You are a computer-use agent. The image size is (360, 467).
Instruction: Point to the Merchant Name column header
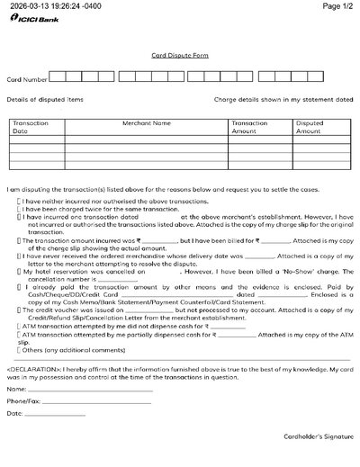(x=147, y=122)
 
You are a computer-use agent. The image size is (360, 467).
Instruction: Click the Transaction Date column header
(x=31, y=127)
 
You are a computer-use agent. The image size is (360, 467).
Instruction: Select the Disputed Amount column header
(x=309, y=127)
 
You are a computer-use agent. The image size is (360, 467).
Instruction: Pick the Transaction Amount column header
(x=249, y=127)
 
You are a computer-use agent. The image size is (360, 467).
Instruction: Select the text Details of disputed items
(x=45, y=99)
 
